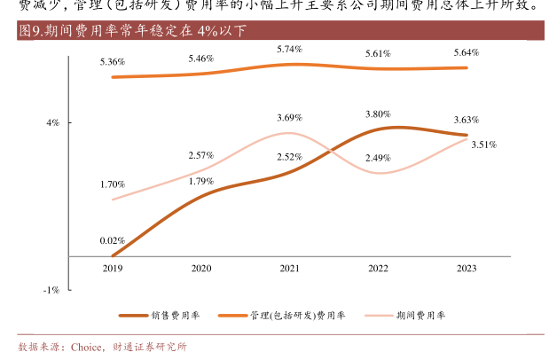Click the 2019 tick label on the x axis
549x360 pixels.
tap(113, 268)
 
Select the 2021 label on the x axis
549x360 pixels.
tap(289, 268)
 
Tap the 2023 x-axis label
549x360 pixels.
tap(466, 268)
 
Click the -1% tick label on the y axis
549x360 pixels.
tap(52, 290)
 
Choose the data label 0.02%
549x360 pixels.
tap(113, 240)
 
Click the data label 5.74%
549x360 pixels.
tap(289, 49)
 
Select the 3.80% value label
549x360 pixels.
tap(378, 114)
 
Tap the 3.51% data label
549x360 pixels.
tap(483, 144)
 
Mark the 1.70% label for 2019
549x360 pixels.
tap(113, 184)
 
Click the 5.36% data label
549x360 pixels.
tap(113, 62)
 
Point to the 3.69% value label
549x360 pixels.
tap(289, 118)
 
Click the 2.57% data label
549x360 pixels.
tap(201, 156)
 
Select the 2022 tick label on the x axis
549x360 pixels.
tap(378, 268)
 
